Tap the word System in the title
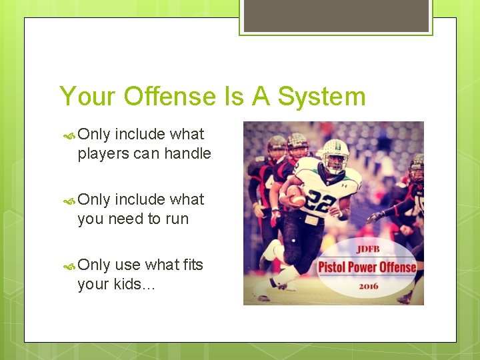(x=321, y=97)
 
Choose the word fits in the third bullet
(x=193, y=265)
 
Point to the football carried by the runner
(x=295, y=196)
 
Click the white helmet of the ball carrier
(x=334, y=154)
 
